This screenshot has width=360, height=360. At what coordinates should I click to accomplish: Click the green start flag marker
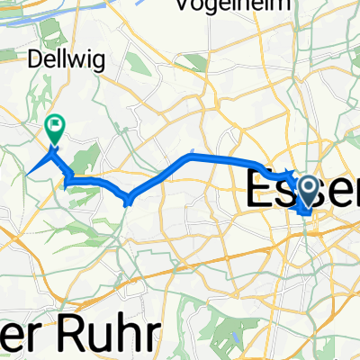(55, 130)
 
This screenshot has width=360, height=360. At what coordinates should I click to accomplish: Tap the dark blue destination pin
(308, 191)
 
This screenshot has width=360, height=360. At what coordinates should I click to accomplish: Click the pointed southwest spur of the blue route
(30, 171)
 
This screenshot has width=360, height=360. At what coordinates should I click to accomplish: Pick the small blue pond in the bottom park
(222, 338)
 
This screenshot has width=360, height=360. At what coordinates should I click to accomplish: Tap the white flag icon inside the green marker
(55, 126)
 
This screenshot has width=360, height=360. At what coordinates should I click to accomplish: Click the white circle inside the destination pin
(308, 187)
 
